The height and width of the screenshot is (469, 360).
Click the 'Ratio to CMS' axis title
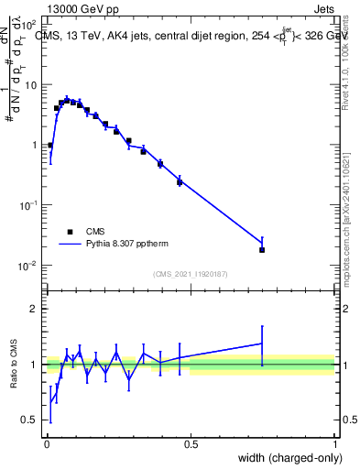[14, 365]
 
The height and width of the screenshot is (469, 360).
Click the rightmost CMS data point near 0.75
[262, 249]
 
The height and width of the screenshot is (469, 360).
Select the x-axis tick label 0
[46, 442]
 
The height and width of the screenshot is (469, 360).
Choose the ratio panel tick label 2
[35, 309]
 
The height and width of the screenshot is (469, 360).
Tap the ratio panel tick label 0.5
[31, 420]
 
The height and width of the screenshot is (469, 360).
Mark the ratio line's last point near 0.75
[262, 344]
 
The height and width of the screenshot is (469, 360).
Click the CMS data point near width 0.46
[180, 182]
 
